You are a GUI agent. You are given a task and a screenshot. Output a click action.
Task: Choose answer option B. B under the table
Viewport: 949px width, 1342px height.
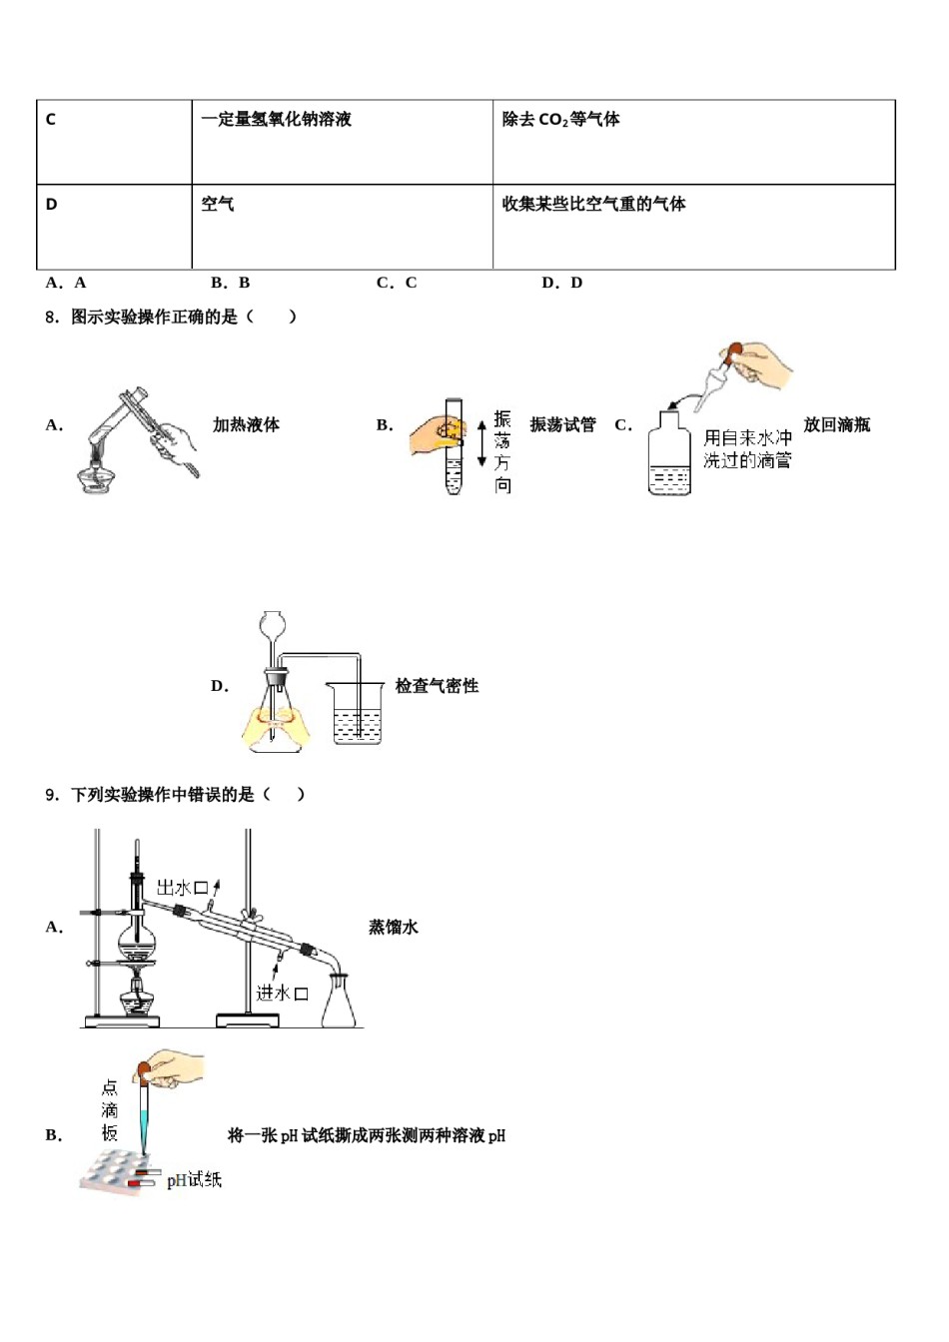pos(231,283)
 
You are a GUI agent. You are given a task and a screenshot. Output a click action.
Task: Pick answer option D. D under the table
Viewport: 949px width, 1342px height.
pos(561,283)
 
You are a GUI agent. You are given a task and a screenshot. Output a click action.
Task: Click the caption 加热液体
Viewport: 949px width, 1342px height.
pos(246,425)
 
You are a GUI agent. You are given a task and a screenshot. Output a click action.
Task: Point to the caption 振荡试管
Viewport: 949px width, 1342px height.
pos(562,425)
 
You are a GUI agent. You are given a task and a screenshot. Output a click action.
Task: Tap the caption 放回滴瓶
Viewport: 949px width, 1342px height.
pos(836,425)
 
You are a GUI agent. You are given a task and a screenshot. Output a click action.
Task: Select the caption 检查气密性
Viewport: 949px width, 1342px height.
pos(437,686)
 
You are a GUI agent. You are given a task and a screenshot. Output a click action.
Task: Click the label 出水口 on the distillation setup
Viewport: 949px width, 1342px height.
pos(181,888)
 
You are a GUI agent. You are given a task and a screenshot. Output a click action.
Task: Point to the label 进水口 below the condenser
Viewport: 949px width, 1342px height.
pos(281,993)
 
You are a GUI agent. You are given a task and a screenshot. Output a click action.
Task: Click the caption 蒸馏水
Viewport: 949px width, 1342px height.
pos(394,928)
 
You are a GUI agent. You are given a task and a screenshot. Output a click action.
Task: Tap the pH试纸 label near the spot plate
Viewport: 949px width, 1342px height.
pos(194,1180)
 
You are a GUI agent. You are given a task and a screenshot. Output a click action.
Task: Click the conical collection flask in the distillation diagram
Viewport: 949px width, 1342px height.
pos(339,1002)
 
